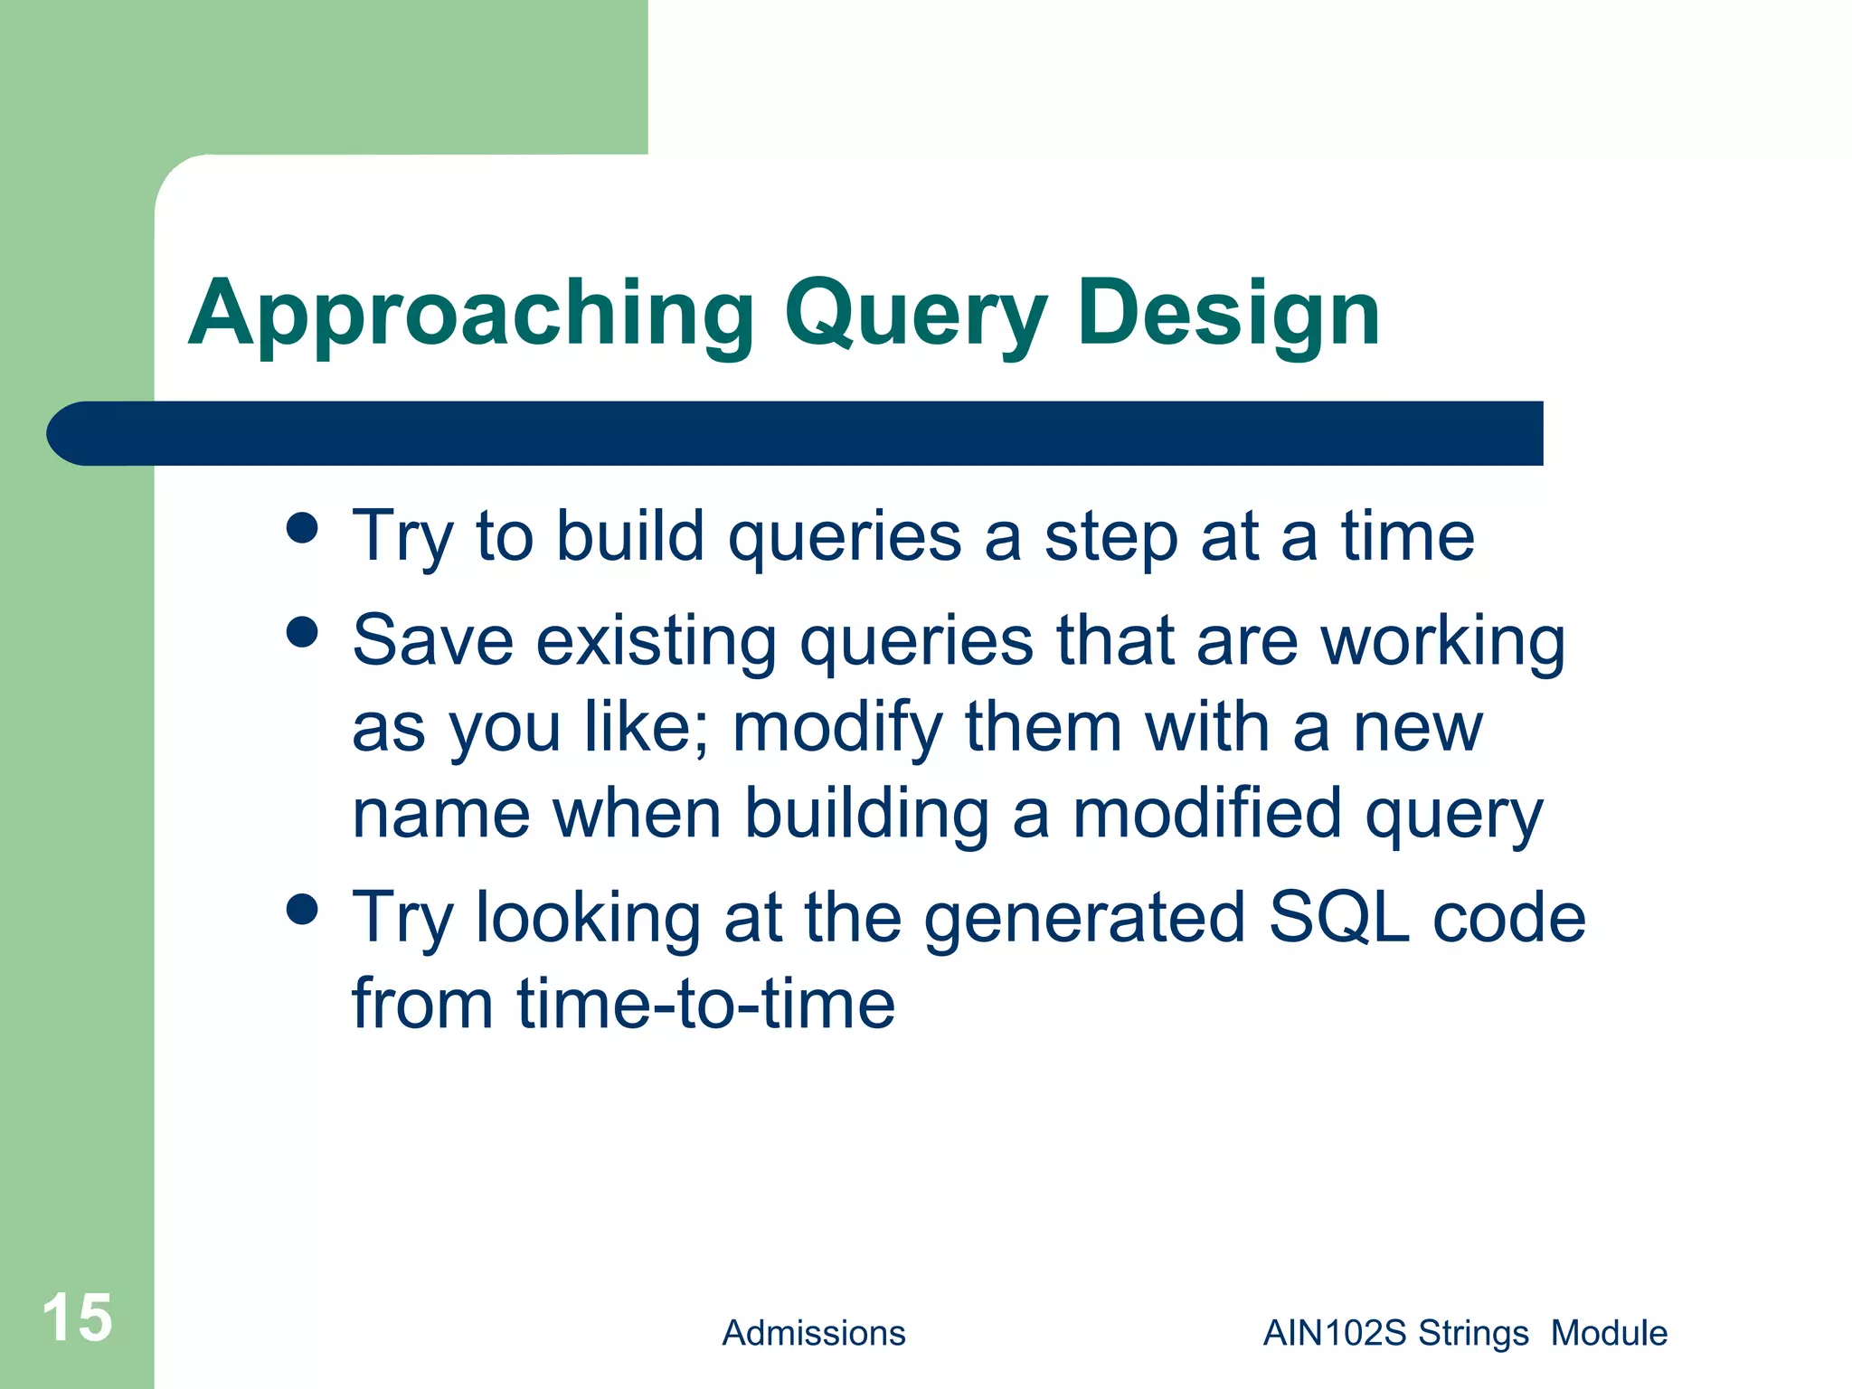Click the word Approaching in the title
pos(470,314)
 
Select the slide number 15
pos(77,1318)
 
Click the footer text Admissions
pos(813,1333)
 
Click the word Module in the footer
pos(1609,1333)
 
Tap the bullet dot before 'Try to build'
pos(302,528)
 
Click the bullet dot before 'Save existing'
pos(302,633)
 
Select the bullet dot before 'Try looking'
pos(302,910)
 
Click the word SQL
pos(1338,917)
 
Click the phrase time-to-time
pos(705,1004)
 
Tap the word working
pos(1442,642)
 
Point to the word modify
pos(837,728)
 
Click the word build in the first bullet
pos(629,535)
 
